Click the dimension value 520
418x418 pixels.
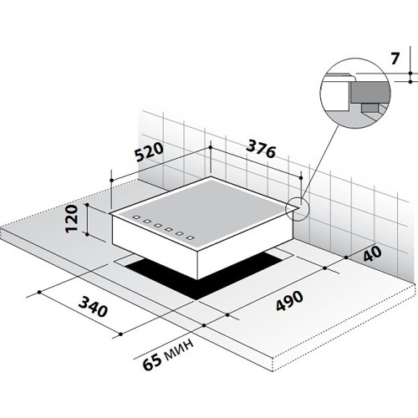point(149,152)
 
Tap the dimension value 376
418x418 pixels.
point(261,149)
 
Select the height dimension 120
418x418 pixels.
point(71,219)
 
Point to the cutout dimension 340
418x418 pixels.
point(93,307)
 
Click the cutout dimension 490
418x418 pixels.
point(289,301)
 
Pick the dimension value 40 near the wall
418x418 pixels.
point(373,254)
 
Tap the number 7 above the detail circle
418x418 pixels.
point(395,59)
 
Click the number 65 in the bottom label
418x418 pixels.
point(152,362)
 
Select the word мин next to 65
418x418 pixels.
point(179,349)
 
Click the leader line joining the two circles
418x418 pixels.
point(320,161)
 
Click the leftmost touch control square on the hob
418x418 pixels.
point(136,217)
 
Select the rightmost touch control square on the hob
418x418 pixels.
point(190,238)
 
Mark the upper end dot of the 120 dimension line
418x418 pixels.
point(87,205)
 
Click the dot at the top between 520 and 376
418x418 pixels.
point(211,147)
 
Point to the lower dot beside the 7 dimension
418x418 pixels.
point(410,82)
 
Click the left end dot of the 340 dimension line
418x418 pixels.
point(39,292)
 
